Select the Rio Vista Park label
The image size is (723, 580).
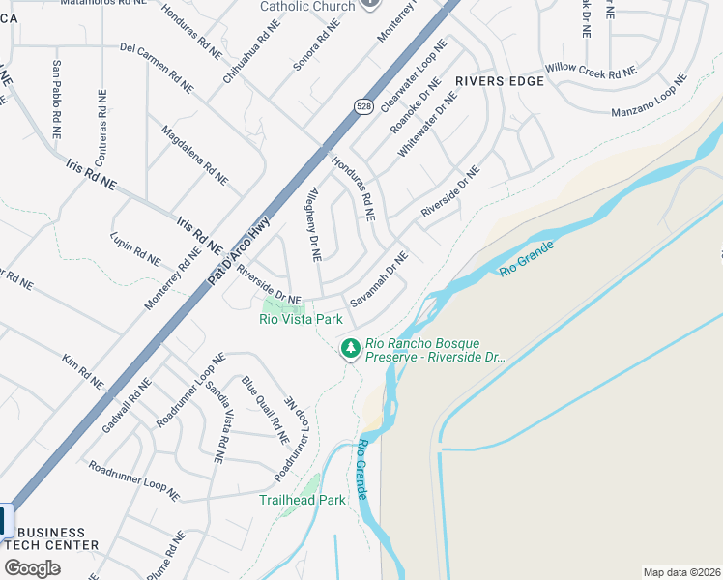point(301,319)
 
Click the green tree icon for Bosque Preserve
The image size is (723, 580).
point(350,346)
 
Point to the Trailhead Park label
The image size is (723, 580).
point(302,500)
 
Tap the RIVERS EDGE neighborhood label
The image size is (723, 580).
point(493,81)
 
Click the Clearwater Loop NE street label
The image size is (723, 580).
point(415,67)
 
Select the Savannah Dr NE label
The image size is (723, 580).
point(380,279)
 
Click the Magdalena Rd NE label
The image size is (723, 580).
point(194,155)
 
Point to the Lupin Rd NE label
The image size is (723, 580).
point(135,248)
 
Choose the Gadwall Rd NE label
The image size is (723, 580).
point(127,406)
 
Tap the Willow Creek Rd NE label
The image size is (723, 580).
point(591,70)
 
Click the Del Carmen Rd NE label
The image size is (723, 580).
point(156,68)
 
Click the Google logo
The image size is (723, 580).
point(32,568)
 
